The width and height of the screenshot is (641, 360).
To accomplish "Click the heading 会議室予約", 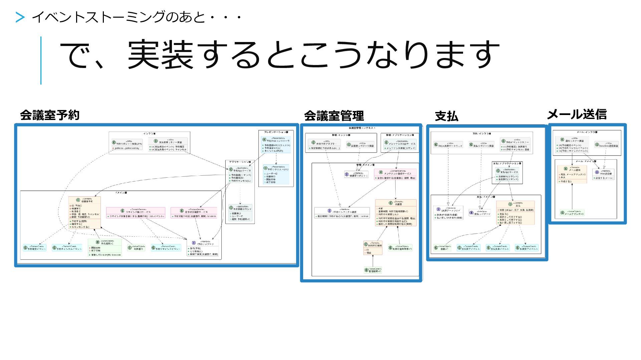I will pos(50,115).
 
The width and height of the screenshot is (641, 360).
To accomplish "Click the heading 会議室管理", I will pos(334,116).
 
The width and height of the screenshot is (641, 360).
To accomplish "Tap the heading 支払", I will pos(446,116).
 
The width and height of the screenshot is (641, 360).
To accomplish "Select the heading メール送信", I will pos(577,114).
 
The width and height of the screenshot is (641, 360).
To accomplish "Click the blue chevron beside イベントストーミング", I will pos(20,17).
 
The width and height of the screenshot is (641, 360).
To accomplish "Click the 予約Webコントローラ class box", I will pos(276,145).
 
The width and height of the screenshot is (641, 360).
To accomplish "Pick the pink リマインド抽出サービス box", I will pos(136,213).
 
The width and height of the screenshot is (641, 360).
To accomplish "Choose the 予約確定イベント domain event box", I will pos(34,248).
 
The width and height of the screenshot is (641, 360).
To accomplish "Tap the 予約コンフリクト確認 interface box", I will pos(342,213).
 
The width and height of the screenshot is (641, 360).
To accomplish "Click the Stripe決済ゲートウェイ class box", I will pos(448,145).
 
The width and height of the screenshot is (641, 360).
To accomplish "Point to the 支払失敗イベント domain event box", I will pos(497,248).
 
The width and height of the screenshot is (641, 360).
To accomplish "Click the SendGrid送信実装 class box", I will pos(606,145).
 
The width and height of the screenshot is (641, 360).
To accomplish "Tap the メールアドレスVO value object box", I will pos(572,213).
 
